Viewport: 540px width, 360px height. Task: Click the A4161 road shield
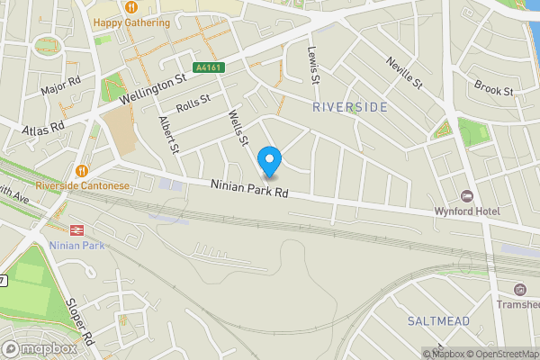pyautogui.click(x=206, y=67)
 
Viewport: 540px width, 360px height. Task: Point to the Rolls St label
pyautogui.click(x=193, y=103)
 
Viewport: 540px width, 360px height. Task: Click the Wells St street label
pyautogui.click(x=238, y=128)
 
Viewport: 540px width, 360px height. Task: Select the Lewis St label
pyautogui.click(x=314, y=66)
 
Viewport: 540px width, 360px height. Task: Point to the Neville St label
pyautogui.click(x=403, y=70)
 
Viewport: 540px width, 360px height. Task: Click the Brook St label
pyautogui.click(x=494, y=91)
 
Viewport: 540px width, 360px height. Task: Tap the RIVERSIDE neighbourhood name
pyautogui.click(x=350, y=107)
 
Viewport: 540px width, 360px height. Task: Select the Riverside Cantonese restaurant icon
pyautogui.click(x=83, y=170)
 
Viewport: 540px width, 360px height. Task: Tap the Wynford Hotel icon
pyautogui.click(x=466, y=196)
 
